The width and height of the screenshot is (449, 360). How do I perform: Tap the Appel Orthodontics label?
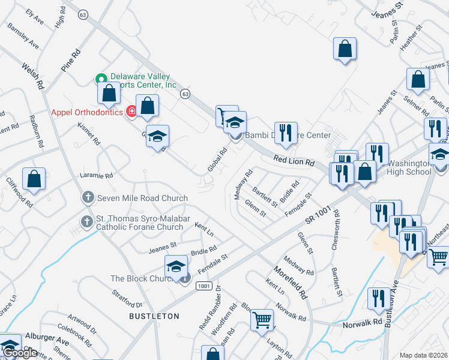(87, 112)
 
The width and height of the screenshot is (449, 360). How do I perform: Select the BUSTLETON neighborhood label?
(154, 316)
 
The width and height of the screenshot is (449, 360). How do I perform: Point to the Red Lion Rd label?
(294, 162)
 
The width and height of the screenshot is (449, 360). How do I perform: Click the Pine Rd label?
(70, 62)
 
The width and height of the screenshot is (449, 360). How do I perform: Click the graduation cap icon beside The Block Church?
(176, 266)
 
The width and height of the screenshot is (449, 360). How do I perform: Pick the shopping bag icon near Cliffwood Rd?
(34, 178)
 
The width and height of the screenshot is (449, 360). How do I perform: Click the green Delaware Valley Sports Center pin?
(101, 78)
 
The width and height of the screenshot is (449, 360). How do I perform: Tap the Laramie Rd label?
(97, 176)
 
